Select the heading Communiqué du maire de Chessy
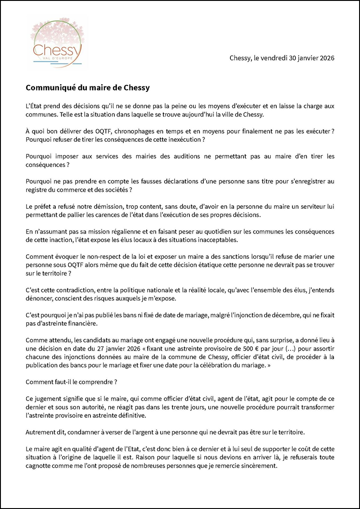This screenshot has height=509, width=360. coord(87,88)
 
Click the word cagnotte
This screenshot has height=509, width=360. coord(41,466)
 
